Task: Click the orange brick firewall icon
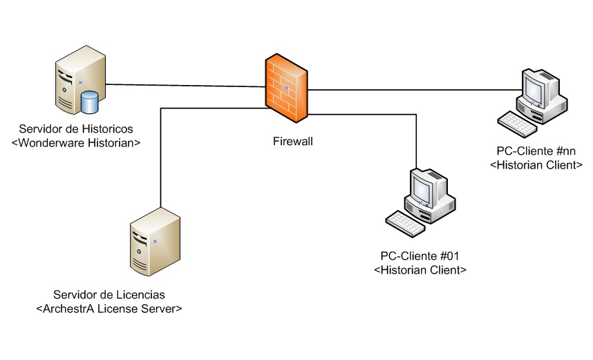[x=286, y=86]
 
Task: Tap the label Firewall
[x=291, y=142]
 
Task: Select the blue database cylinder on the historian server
[x=89, y=103]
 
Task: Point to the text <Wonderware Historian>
[x=76, y=142]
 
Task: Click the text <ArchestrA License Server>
[x=109, y=308]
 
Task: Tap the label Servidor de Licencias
[x=109, y=295]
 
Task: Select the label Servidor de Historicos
[x=76, y=129]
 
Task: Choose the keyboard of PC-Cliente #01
[x=407, y=223]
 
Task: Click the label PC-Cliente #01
[x=420, y=256]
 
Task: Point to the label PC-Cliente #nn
[x=536, y=151]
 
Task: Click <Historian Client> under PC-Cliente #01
[x=420, y=269]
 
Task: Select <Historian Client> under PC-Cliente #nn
[x=536, y=164]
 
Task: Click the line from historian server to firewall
[x=187, y=86]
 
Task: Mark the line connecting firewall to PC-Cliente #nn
[x=415, y=89]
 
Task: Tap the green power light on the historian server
[x=64, y=90]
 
